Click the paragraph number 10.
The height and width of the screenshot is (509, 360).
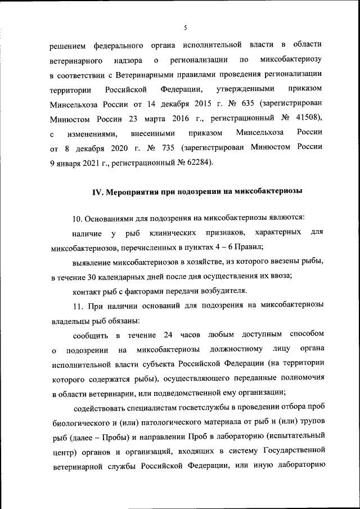click(x=78, y=218)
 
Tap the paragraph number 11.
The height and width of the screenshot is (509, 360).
click(x=78, y=305)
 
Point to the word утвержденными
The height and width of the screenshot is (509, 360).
click(x=246, y=89)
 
